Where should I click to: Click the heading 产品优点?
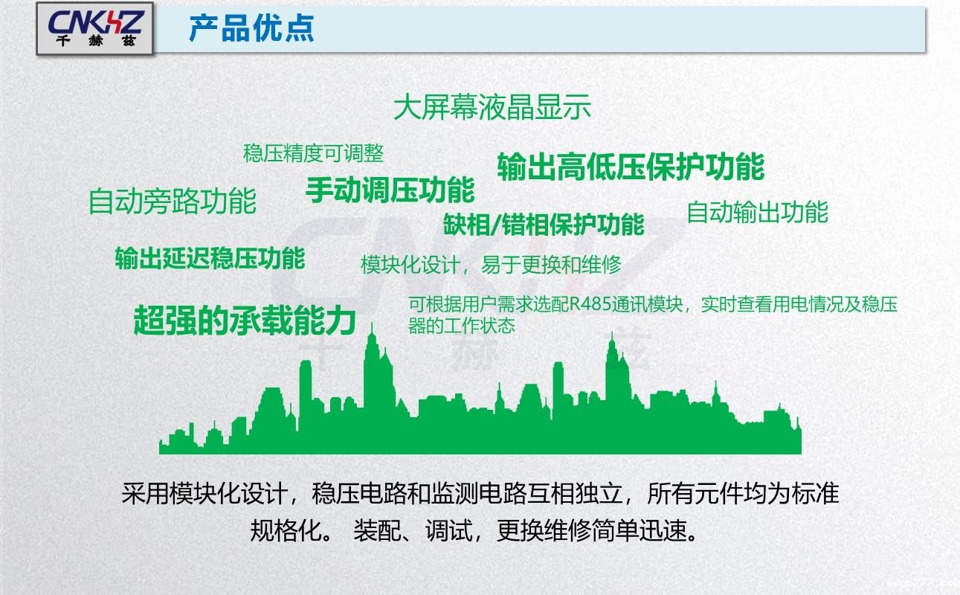click(x=251, y=28)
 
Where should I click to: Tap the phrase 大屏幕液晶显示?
click(x=492, y=108)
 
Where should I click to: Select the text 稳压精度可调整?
click(x=313, y=153)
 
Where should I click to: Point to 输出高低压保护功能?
click(x=631, y=167)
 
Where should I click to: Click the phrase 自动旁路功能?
click(x=172, y=202)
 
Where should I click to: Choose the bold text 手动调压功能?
click(x=390, y=190)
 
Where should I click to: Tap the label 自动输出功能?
click(x=756, y=212)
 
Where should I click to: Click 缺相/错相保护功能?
click(x=544, y=224)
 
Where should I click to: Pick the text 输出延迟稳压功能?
click(x=210, y=258)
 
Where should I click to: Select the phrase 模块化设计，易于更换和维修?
click(x=491, y=265)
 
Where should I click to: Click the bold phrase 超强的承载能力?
click(x=244, y=320)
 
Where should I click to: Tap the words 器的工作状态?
click(x=461, y=326)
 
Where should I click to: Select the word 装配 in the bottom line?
click(x=373, y=531)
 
